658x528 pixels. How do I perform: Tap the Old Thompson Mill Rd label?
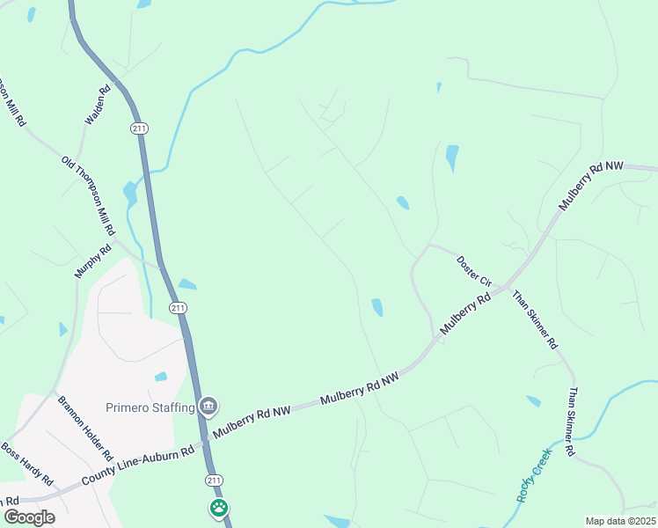(x=88, y=195)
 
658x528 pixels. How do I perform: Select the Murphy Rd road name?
(x=93, y=261)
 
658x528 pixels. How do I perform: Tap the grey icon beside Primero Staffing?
(x=208, y=406)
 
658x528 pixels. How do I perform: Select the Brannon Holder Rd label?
(x=86, y=429)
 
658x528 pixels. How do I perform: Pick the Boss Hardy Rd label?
(x=26, y=465)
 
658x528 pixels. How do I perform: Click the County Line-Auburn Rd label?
(x=137, y=466)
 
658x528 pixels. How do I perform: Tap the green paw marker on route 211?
(x=218, y=508)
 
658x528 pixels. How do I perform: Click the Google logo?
(x=29, y=517)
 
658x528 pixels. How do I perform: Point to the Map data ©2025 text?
(x=620, y=521)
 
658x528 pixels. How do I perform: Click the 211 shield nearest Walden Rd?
(x=140, y=128)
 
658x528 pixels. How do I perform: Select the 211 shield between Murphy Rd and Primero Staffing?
(x=179, y=308)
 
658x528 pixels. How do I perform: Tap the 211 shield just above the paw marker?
(x=214, y=480)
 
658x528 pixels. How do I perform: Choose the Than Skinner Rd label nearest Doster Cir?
(x=535, y=319)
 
